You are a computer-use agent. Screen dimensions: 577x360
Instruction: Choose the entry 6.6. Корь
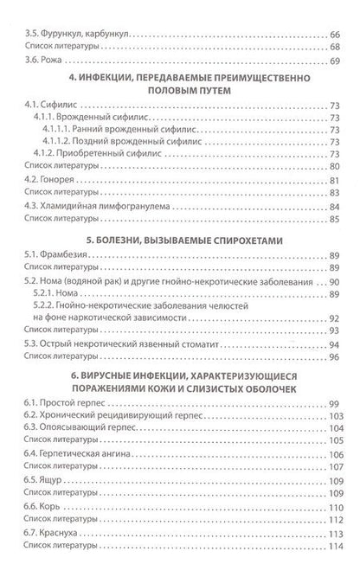click(48, 503)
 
